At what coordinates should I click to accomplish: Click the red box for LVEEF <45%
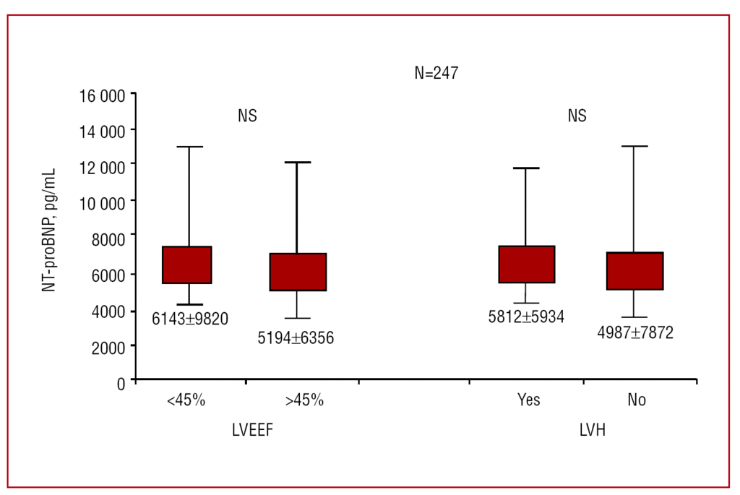pyautogui.click(x=187, y=265)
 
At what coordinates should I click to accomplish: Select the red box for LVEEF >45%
pyautogui.click(x=297, y=272)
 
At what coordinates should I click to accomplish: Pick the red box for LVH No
pyautogui.click(x=634, y=271)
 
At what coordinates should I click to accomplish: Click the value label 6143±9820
pyautogui.click(x=190, y=319)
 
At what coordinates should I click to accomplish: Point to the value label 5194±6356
pyautogui.click(x=296, y=337)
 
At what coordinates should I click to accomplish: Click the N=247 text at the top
pyautogui.click(x=436, y=73)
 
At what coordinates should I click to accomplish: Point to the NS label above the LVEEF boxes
pyautogui.click(x=247, y=116)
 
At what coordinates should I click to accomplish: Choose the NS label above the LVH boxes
pyautogui.click(x=577, y=116)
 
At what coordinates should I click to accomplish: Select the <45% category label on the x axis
pyautogui.click(x=186, y=400)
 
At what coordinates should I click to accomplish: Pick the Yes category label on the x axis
pyautogui.click(x=528, y=400)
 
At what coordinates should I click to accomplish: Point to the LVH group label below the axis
pyautogui.click(x=592, y=431)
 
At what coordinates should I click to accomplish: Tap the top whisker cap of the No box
pyautogui.click(x=634, y=146)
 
